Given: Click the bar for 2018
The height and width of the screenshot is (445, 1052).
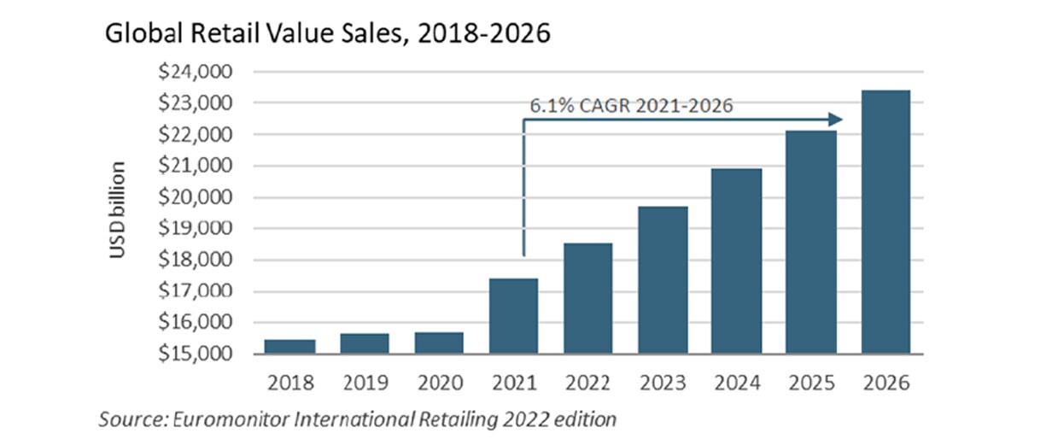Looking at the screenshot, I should [x=289, y=346].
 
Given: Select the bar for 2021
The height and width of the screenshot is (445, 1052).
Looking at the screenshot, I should [x=513, y=316].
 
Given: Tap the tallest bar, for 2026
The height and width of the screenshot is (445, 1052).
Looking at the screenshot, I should [x=885, y=222].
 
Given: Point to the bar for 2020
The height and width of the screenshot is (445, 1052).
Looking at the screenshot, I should [x=439, y=343].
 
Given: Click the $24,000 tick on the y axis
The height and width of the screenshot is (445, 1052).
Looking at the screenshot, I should [x=189, y=72].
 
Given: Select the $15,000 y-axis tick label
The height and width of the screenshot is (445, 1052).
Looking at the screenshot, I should [x=189, y=354].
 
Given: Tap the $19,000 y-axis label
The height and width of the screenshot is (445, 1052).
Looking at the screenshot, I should [x=189, y=228].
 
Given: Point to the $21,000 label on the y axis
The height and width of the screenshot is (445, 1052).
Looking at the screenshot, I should [x=189, y=166].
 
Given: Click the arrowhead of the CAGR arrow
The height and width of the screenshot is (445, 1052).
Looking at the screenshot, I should [x=838, y=120].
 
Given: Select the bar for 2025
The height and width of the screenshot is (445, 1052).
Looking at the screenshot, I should [x=811, y=243].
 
